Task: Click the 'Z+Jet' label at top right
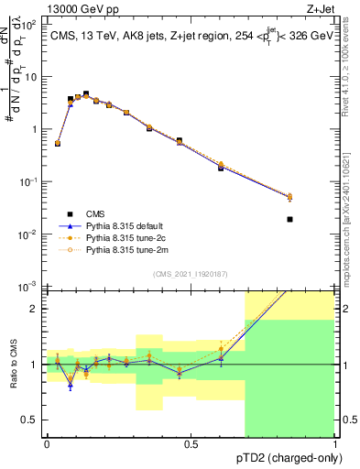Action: [321, 7]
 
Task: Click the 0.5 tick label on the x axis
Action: [191, 443]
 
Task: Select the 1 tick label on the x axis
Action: [335, 443]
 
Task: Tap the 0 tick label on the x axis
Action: [47, 443]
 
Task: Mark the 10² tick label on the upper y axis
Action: [31, 25]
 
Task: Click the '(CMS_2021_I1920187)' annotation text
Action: [191, 272]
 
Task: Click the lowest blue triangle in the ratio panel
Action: [70, 386]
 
